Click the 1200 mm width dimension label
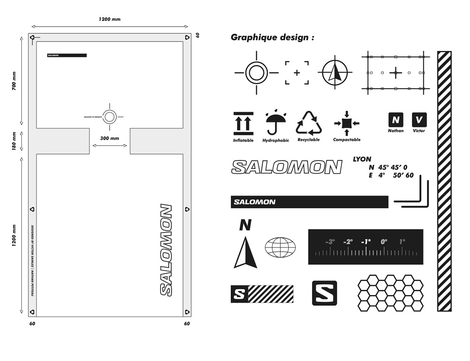tap(109, 19)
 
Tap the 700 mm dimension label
tap(14, 81)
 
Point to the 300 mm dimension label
tap(110, 138)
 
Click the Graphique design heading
tap(272, 38)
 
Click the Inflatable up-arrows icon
tap(243, 123)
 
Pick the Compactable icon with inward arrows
tap(347, 123)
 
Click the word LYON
tap(362, 159)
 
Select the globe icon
tap(280, 247)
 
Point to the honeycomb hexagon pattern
tap(391, 292)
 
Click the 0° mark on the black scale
tap(383, 242)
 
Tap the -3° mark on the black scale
tap(330, 242)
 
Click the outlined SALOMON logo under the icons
tap(287, 167)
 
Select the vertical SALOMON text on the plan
tap(166, 250)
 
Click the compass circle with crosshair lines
tap(335, 73)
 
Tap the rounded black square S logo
tap(324, 293)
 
